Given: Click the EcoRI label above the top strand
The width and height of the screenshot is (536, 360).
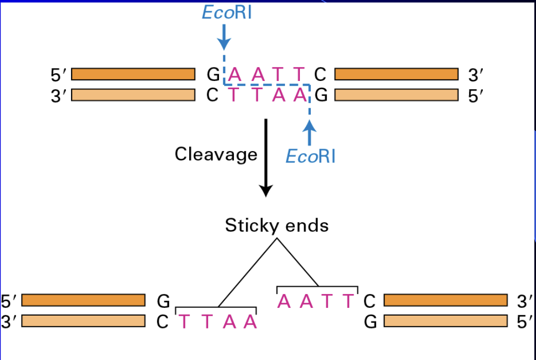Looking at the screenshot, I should click(x=227, y=12).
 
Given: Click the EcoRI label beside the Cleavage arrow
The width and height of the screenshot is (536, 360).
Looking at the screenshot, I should click(x=310, y=155).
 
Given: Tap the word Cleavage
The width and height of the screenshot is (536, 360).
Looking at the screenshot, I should click(x=216, y=154).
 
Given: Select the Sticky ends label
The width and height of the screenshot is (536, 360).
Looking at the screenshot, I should click(x=277, y=225).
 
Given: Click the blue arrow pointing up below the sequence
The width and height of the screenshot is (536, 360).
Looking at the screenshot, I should click(x=309, y=132).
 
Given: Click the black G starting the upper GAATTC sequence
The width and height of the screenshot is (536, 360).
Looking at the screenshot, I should click(x=213, y=75).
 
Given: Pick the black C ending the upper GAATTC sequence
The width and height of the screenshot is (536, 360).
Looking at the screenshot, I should click(x=320, y=75).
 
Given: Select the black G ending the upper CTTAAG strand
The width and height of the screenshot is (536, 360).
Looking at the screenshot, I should click(x=320, y=96).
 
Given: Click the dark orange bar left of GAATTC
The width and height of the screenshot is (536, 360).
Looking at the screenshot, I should click(x=133, y=74).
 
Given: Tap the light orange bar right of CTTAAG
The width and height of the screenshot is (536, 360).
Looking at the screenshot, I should click(x=396, y=95).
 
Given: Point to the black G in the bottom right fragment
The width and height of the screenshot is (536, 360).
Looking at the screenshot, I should click(x=370, y=322).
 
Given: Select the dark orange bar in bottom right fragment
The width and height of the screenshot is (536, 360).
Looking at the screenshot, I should click(x=446, y=300).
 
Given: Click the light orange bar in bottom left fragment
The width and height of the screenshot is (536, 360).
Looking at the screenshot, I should click(x=83, y=321).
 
